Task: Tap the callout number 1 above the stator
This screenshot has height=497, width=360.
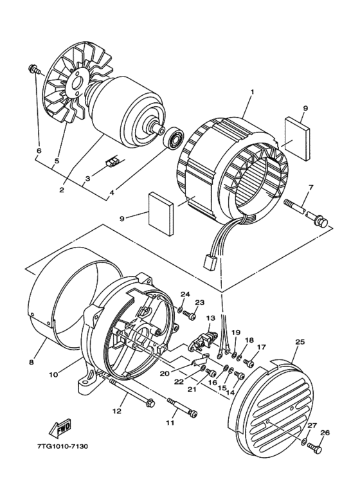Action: click(x=252, y=92)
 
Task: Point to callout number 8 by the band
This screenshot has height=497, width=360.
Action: click(x=31, y=362)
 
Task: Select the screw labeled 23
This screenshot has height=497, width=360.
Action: click(x=190, y=315)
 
